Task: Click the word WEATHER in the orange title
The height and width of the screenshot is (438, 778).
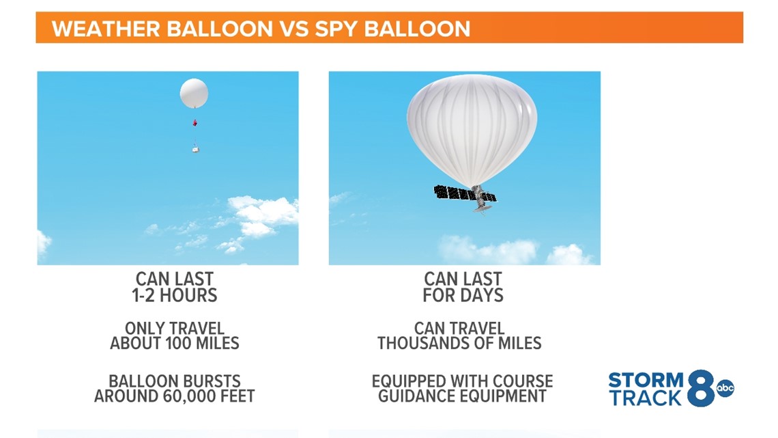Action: point(106,29)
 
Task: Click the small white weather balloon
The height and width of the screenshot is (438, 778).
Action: point(194,93)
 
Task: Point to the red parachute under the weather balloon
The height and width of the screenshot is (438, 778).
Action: point(195,123)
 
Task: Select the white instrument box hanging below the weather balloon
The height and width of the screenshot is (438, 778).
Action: point(196,148)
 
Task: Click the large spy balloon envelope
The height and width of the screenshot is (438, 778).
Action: point(472,129)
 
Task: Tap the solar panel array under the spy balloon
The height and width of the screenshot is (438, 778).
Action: point(465,193)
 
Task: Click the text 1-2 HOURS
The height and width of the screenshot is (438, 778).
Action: point(175,295)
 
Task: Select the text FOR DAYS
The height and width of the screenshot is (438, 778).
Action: point(463,295)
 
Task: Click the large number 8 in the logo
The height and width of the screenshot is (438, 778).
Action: point(701,388)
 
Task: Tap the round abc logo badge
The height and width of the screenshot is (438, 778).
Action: point(725,388)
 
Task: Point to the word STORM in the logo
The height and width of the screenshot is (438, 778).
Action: point(646,380)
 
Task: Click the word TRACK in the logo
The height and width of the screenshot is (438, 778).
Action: point(646,398)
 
